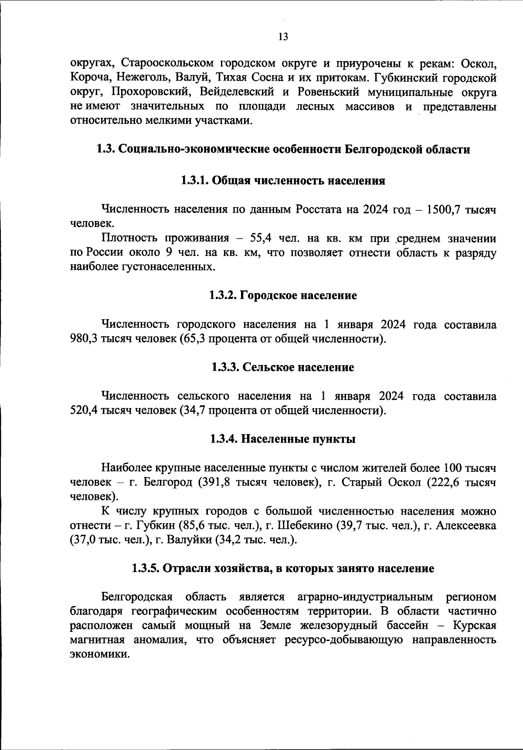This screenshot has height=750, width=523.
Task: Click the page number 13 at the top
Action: [283, 37]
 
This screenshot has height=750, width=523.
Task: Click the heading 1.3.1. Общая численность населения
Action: [283, 181]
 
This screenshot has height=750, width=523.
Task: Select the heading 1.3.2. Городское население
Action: [283, 296]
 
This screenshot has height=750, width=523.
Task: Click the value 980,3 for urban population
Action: [84, 339]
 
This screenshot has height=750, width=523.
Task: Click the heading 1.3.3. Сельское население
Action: [283, 368]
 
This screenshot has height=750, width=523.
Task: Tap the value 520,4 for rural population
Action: [84, 411]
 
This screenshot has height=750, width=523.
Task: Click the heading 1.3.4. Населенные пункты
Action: [283, 439]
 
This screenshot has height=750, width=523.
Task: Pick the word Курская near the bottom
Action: [474, 626]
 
